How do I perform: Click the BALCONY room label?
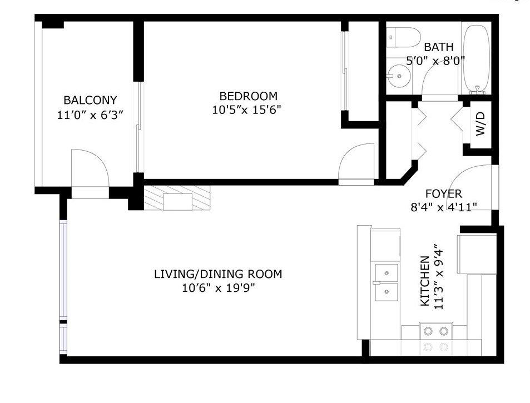(x=90, y=100)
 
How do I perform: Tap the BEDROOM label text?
(x=249, y=96)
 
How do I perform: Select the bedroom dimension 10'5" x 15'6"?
(x=247, y=110)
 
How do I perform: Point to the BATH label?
(x=439, y=47)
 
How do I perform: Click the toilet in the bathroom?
(x=403, y=37)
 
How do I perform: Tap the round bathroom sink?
(x=399, y=76)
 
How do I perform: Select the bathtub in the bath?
(x=476, y=59)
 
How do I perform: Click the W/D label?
(x=481, y=123)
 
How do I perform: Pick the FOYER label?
(x=443, y=193)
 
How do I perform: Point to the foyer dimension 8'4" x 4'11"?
(x=444, y=207)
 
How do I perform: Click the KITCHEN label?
(x=425, y=281)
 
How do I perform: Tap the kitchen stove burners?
(x=436, y=331)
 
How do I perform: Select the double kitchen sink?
(x=386, y=283)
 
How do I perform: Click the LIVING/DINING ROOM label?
(x=218, y=274)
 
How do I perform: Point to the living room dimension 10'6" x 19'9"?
(x=218, y=288)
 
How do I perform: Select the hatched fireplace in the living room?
(x=177, y=198)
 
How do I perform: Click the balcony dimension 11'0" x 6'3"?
(x=90, y=115)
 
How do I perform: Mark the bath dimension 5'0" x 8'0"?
(x=435, y=61)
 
